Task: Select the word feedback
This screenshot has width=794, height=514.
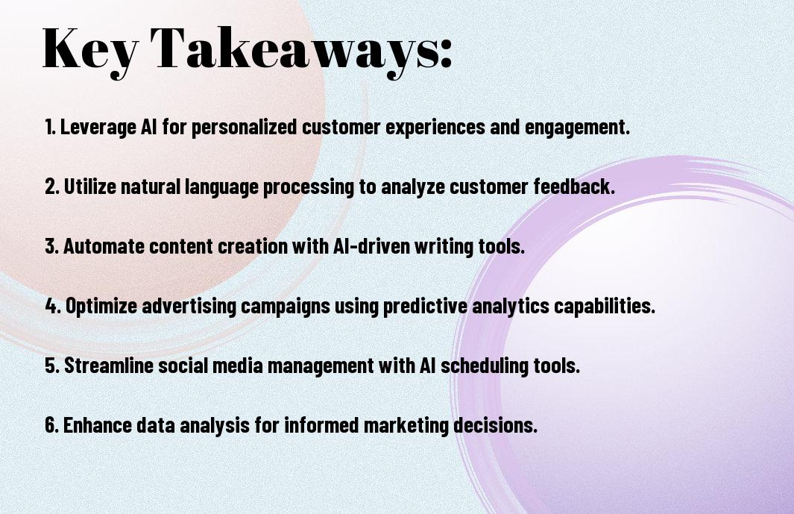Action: click(574, 187)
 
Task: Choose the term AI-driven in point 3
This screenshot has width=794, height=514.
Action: click(371, 246)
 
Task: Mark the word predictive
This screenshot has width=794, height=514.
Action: click(425, 306)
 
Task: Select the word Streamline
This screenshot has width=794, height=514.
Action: click(108, 366)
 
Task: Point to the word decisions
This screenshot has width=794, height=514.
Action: click(495, 424)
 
